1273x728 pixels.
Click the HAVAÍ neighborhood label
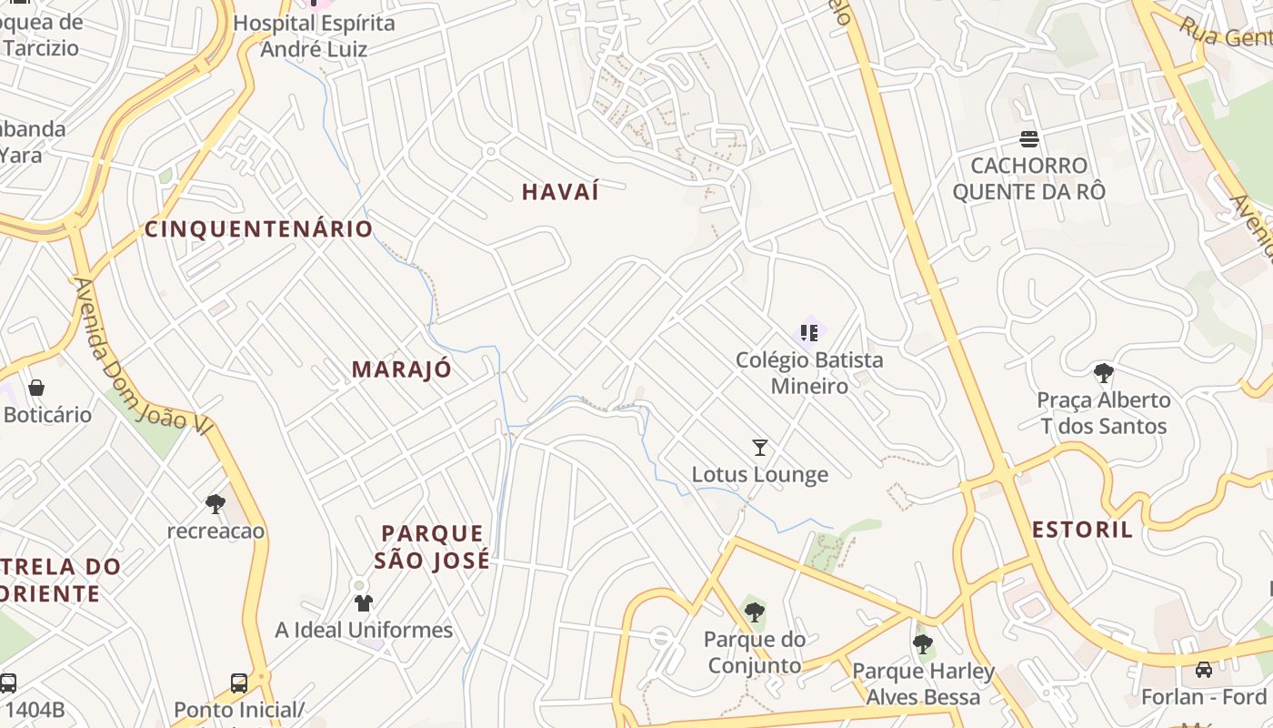pos(561,192)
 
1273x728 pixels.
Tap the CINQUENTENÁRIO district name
pos(259,228)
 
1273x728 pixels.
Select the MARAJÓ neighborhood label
pos(401,369)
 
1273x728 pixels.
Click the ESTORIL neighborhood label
pos(1083,530)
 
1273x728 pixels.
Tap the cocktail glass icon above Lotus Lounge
pos(760,447)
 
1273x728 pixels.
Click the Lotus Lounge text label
pos(760,474)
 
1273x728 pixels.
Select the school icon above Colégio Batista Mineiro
pos(808,332)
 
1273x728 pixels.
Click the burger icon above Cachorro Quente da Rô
pos(1029,139)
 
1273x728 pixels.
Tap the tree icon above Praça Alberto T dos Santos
pos(1104,372)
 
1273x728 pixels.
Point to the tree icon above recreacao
pos(216,503)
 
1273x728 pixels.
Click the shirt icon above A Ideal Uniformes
pos(364,602)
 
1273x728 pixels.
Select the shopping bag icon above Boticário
pos(36,388)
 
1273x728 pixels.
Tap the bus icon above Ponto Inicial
pos(239,682)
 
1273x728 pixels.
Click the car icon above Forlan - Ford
pos(1204,670)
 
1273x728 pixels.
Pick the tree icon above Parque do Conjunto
pos(754,612)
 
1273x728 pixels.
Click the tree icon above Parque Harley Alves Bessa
pos(923,644)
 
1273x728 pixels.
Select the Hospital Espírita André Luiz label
pos(315,35)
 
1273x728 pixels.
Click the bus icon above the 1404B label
pos(8,682)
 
